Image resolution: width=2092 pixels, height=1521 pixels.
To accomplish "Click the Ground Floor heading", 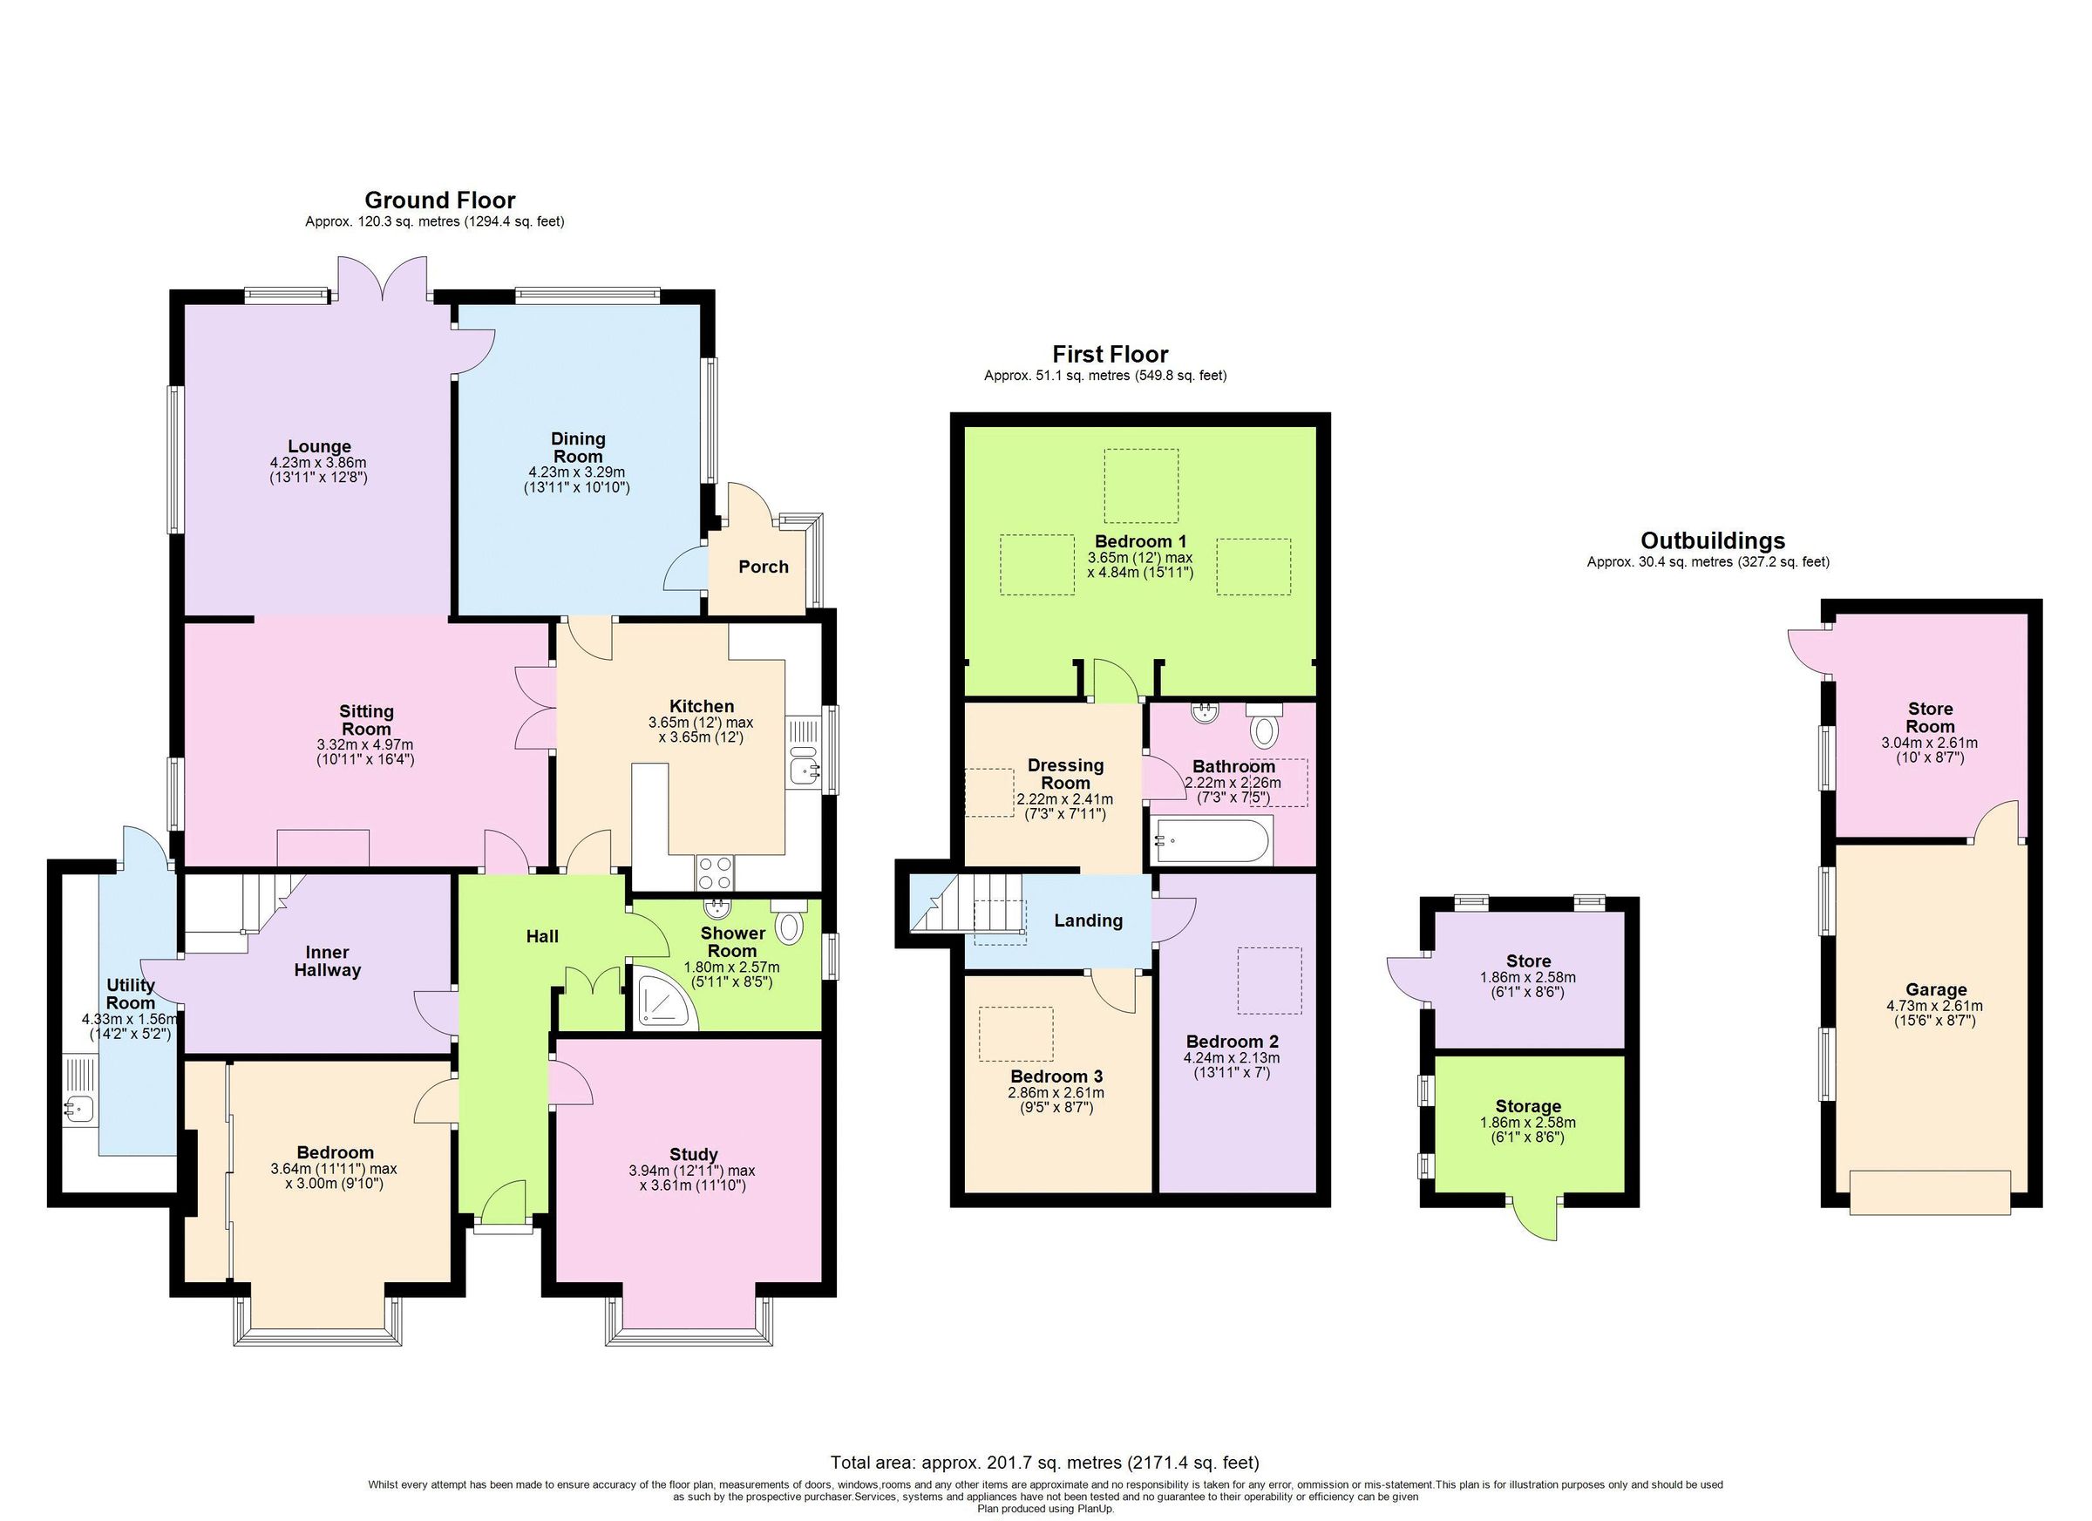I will [439, 200].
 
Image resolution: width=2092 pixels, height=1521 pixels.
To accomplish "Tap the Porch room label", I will [763, 567].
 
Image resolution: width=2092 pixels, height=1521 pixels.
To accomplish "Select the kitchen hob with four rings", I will [715, 872].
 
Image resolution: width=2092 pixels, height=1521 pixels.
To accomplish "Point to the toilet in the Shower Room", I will [788, 923].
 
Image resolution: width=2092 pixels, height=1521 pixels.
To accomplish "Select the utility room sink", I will [80, 1106].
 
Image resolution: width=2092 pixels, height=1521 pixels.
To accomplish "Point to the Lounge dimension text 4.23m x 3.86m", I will [318, 463].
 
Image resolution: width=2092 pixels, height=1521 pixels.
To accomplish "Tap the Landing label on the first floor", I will [1089, 920].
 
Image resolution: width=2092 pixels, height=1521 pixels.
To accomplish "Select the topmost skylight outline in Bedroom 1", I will [1141, 485].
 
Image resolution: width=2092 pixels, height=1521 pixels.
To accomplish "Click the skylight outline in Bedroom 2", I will [1269, 981].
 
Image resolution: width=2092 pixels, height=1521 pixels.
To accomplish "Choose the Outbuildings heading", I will [1712, 540].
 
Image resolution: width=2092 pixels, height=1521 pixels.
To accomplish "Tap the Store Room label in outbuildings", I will [1930, 716].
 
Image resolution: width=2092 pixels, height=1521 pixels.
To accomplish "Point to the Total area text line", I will [1044, 1462].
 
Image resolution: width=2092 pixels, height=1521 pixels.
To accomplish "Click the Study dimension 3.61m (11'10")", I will [693, 1185].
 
